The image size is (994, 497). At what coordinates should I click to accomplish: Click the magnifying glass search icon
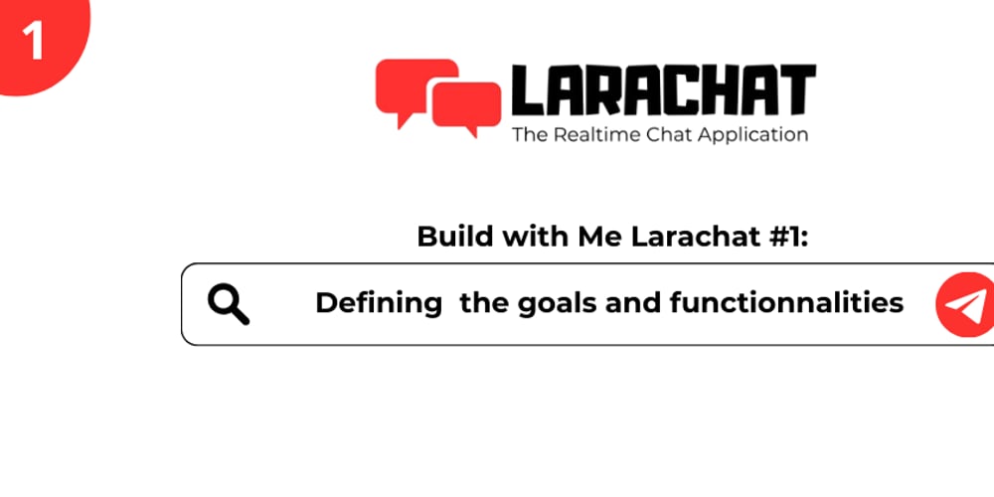(x=229, y=303)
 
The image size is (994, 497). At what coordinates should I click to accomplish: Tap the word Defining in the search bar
(x=379, y=303)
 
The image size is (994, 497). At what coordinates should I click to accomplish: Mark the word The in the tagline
(x=527, y=134)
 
